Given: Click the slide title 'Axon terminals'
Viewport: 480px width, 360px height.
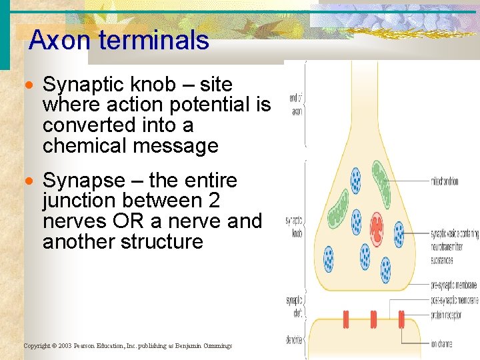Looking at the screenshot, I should [x=119, y=41].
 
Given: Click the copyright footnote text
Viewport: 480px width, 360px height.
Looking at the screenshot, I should [x=127, y=346].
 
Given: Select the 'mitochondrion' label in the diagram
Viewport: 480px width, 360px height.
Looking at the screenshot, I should [x=453, y=181].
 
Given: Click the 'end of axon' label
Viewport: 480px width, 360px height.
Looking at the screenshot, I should [x=295, y=105].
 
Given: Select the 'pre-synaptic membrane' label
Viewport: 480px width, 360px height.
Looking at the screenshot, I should [x=453, y=285].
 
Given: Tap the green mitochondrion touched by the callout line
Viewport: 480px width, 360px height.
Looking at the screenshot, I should [x=381, y=179].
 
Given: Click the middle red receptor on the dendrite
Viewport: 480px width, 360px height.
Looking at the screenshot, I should [x=373, y=319].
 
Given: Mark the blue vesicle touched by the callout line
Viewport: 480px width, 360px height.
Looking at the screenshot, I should [x=399, y=234].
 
